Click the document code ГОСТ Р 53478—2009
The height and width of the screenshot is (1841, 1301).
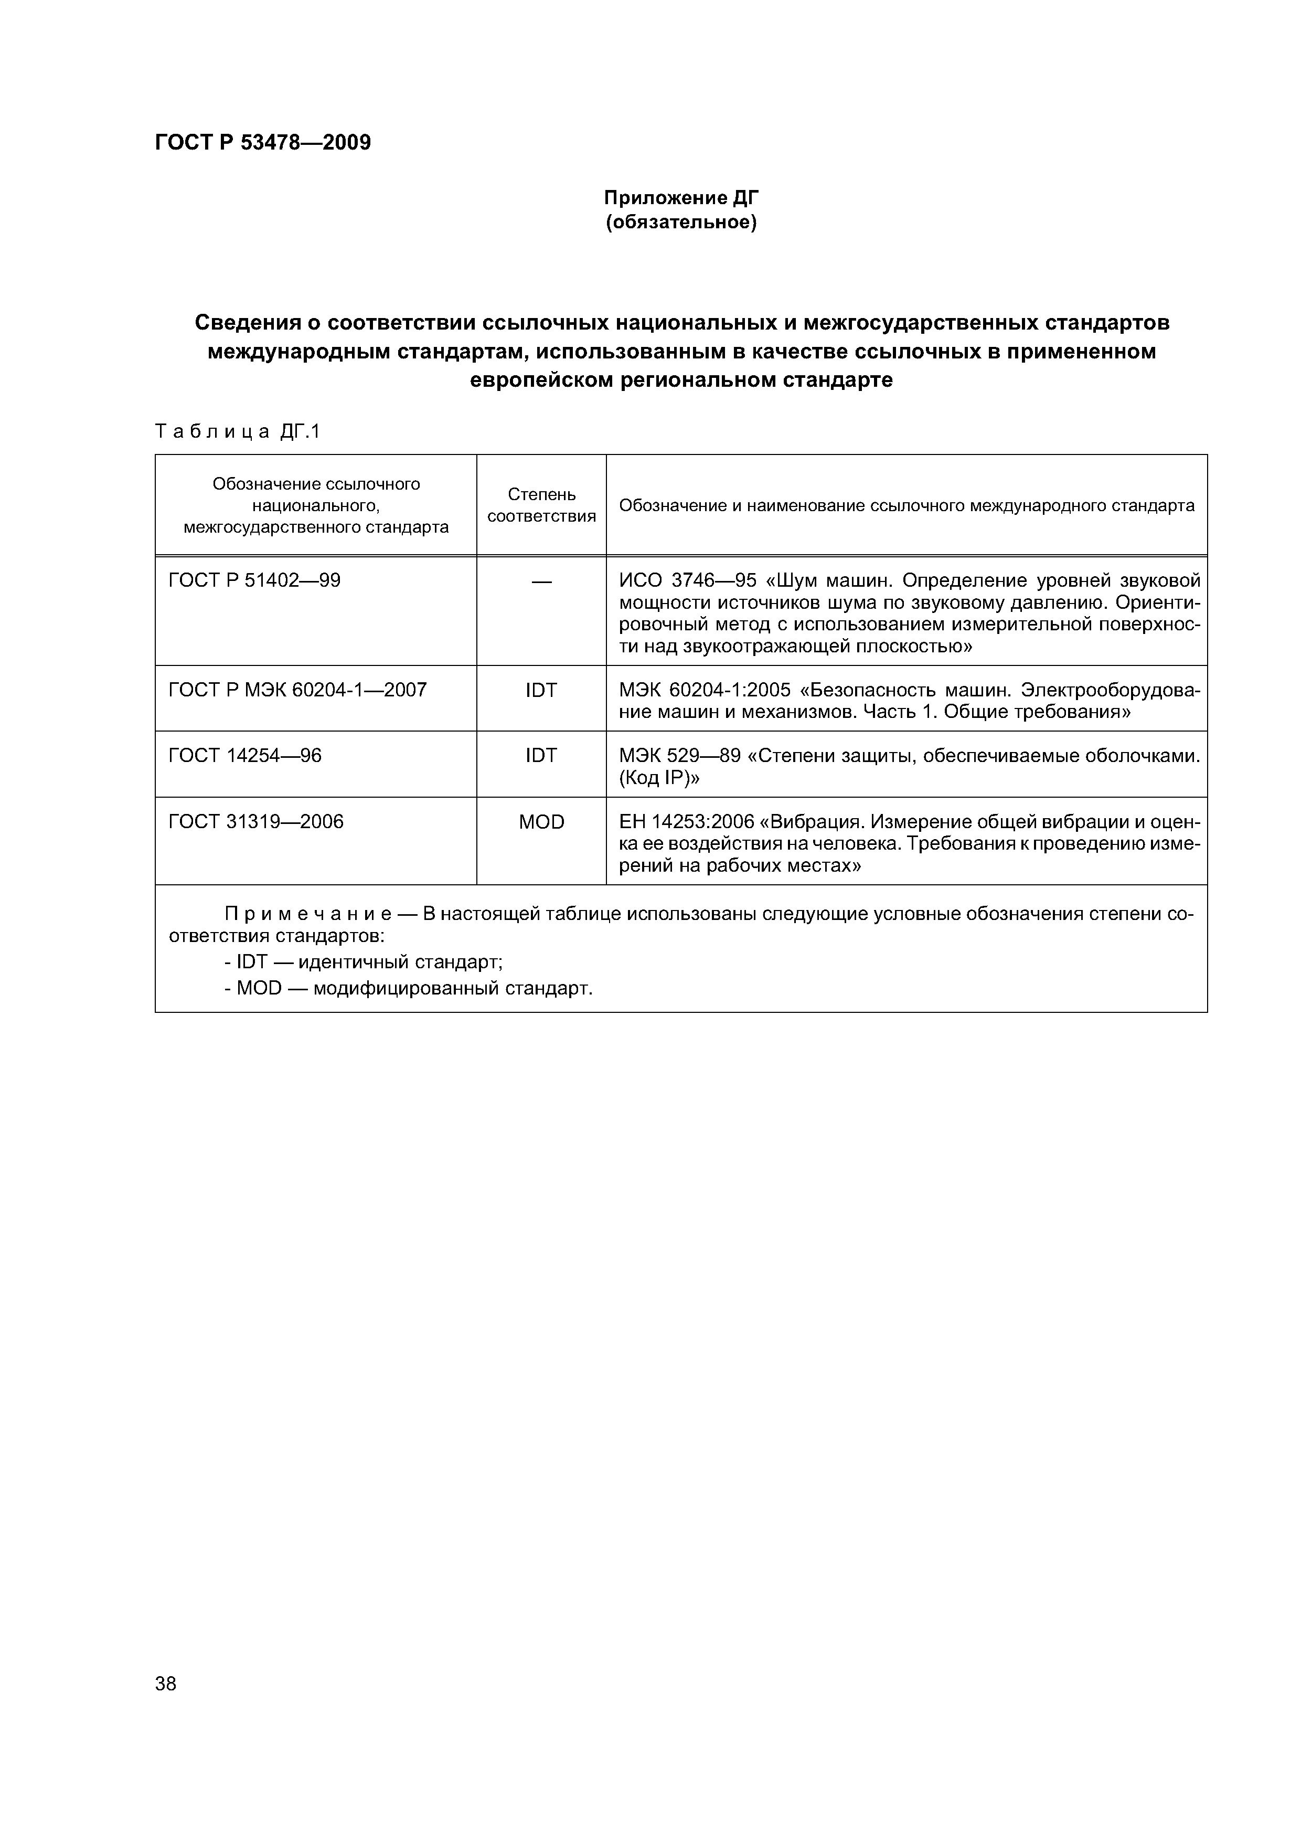[262, 143]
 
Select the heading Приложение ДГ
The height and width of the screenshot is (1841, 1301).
[680, 197]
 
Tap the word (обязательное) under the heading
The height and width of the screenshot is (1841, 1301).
[680, 221]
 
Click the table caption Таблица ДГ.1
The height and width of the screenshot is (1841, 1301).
[237, 432]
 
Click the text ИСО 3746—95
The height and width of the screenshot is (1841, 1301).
[688, 580]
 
